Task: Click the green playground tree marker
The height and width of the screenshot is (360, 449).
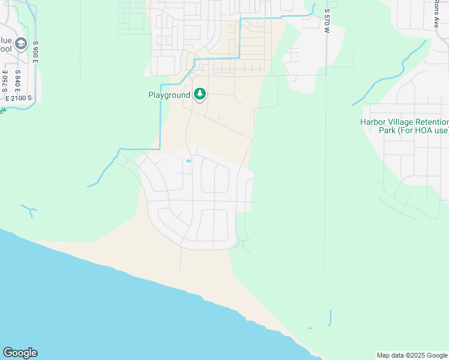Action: pos(200,95)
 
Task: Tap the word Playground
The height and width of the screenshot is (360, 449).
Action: pos(169,95)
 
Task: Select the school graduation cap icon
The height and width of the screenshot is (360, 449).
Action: pos(22,44)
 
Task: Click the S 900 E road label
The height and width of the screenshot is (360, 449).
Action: pos(36,53)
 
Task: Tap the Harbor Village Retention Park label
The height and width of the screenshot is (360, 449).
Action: pos(404,126)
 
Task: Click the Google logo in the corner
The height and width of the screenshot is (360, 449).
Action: pos(20,353)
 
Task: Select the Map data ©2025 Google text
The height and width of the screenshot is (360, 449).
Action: pos(412,355)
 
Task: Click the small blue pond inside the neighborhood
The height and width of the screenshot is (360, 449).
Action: pos(188,161)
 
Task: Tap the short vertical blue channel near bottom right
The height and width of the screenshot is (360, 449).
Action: pos(330,317)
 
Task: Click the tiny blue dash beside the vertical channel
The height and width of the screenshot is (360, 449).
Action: pos(310,328)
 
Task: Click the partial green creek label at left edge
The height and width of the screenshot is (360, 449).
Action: pos(2,110)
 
